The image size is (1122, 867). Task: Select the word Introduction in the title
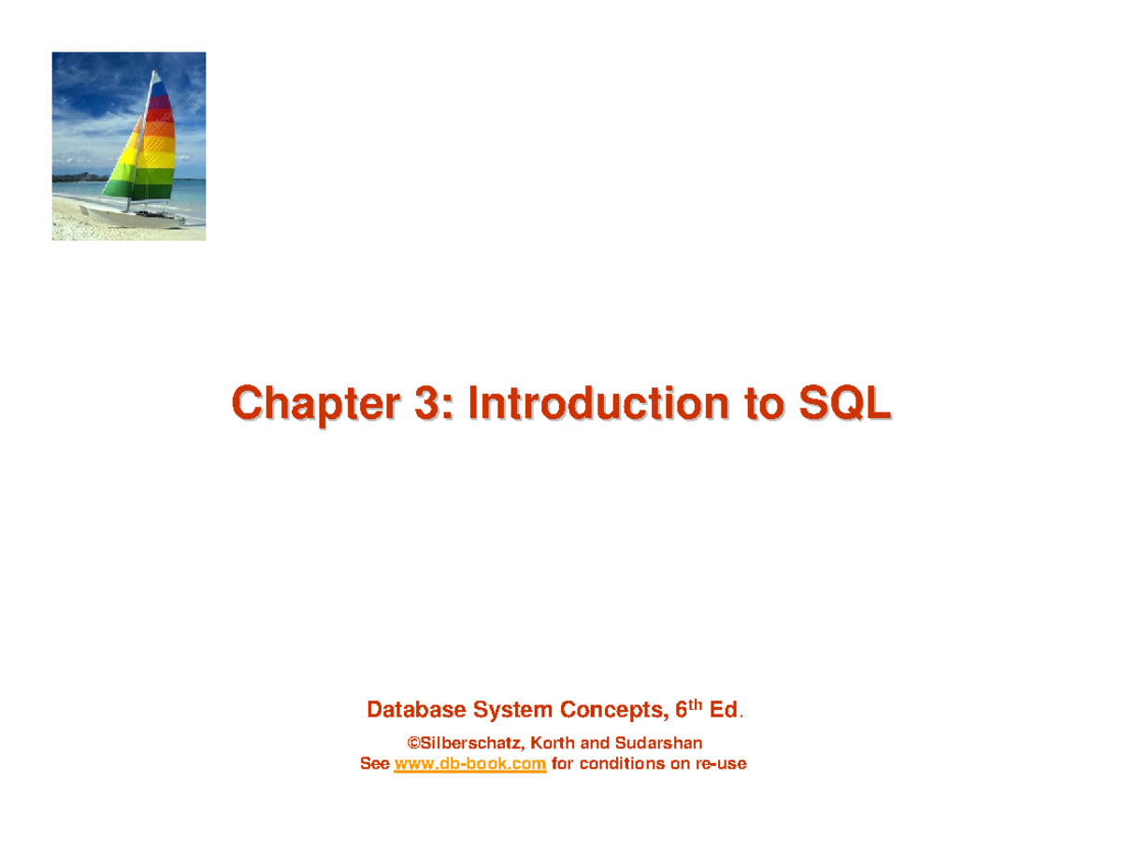point(596,405)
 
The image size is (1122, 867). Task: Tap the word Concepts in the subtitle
point(610,711)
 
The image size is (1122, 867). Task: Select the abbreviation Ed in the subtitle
point(724,711)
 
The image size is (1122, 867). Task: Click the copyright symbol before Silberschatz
point(412,744)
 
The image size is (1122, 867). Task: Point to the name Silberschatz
point(470,744)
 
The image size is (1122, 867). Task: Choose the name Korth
point(554,744)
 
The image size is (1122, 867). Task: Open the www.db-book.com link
point(470,764)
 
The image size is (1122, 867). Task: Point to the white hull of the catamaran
point(140,218)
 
